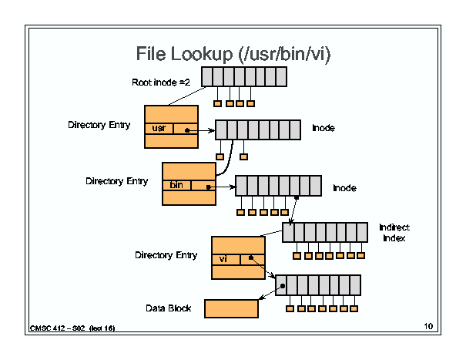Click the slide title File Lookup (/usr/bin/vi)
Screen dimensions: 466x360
point(233,55)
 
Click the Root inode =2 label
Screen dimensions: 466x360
point(161,82)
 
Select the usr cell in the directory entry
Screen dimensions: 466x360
point(159,129)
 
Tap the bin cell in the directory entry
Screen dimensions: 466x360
point(176,185)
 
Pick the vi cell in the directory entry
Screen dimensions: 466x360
point(226,259)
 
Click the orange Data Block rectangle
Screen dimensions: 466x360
point(231,308)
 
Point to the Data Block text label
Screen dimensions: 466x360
point(168,308)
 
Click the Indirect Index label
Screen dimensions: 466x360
point(394,233)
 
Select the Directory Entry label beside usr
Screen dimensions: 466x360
point(99,125)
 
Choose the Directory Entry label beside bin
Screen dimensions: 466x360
point(117,181)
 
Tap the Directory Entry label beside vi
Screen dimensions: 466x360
point(166,255)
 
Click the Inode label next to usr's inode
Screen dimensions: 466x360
point(324,128)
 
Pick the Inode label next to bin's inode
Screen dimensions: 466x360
point(344,188)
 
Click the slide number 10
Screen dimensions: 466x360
point(428,326)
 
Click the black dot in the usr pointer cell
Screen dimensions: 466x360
point(187,130)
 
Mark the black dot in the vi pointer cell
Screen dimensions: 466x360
point(251,257)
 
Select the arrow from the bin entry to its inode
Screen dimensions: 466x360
point(222,187)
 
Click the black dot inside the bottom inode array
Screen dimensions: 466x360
point(283,286)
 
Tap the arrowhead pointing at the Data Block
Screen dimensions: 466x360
point(262,298)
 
